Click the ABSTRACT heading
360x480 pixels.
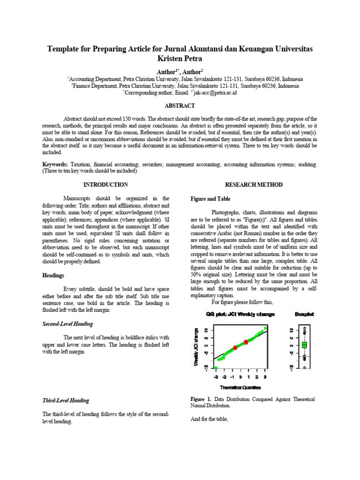(x=180, y=106)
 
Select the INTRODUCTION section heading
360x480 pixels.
(x=105, y=185)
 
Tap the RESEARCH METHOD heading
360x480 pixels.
(x=254, y=185)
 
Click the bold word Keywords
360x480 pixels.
(x=55, y=165)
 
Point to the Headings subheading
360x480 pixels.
(x=53, y=276)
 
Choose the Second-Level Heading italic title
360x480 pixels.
(x=67, y=324)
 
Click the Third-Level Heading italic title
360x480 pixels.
(x=66, y=400)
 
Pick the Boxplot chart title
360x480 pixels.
(x=304, y=314)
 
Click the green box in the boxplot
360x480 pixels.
(x=304, y=345)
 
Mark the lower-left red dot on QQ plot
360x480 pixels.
(x=235, y=347)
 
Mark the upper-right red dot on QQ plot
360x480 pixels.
(x=246, y=342)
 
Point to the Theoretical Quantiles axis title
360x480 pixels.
(x=240, y=387)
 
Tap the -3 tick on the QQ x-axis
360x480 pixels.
(x=216, y=376)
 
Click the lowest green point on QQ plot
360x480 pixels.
(x=216, y=367)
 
